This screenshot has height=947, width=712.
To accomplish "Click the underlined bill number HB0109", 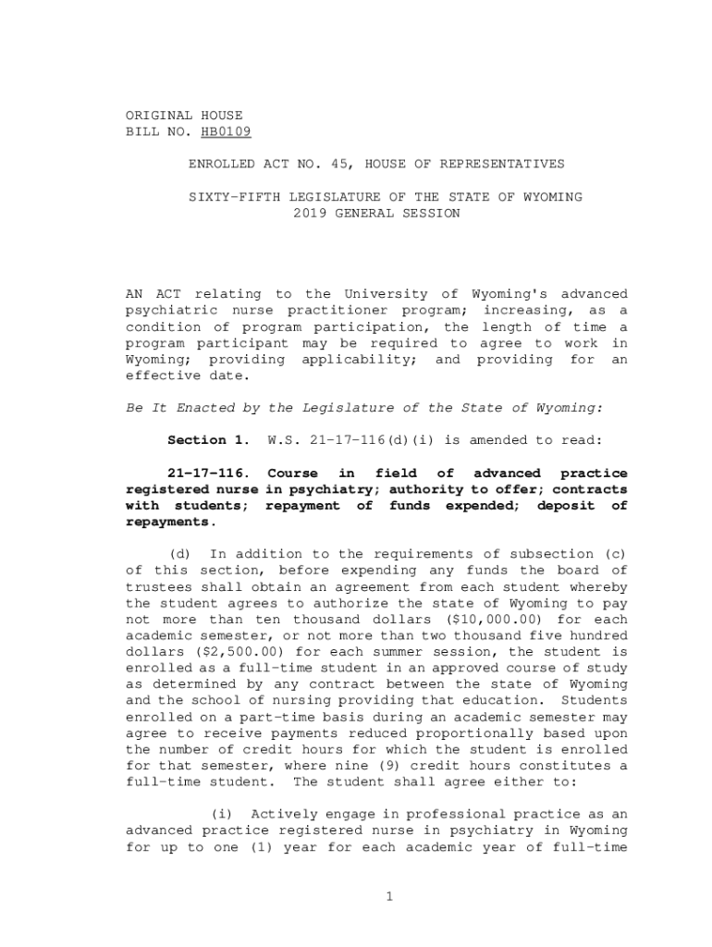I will [226, 132].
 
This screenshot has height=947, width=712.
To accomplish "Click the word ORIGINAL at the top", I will [159, 116].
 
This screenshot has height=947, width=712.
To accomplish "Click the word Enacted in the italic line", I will [202, 408].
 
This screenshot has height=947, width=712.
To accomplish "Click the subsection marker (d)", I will [179, 554].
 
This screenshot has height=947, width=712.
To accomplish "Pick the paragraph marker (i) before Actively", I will [221, 815].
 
